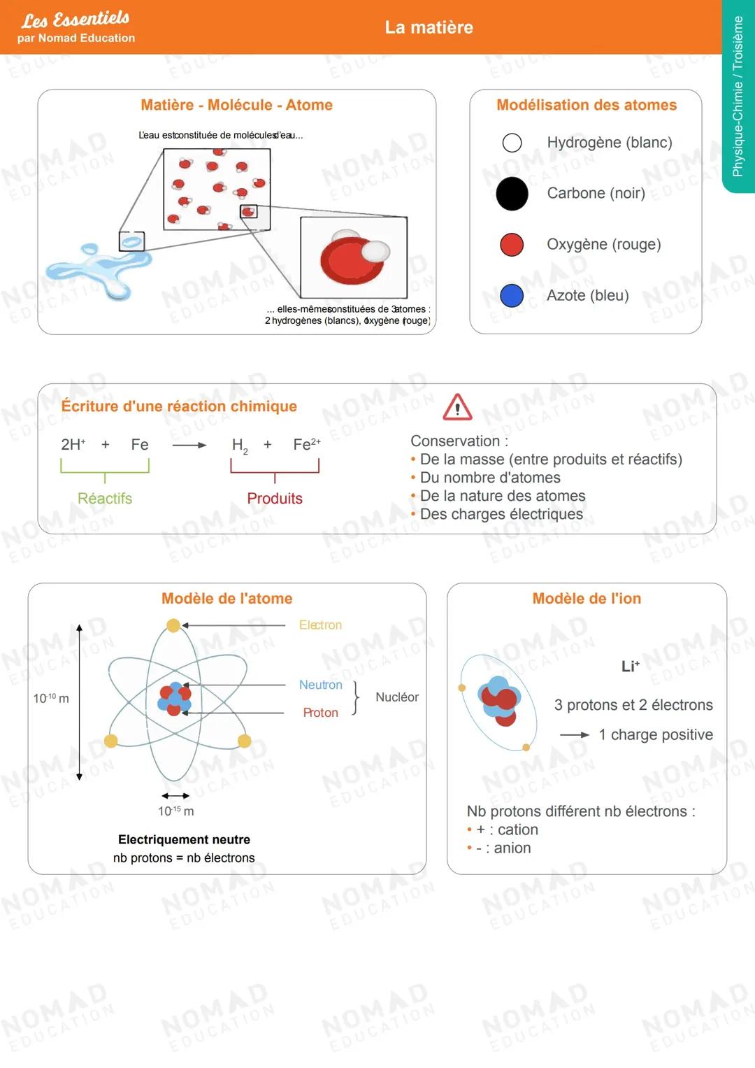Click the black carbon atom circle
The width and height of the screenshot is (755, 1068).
click(x=512, y=194)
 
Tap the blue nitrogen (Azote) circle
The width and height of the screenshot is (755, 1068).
click(x=512, y=295)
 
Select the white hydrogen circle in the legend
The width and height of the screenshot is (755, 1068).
click(x=512, y=143)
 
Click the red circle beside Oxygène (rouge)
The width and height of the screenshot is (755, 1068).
click(x=512, y=245)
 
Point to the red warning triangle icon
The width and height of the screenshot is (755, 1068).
click(x=457, y=407)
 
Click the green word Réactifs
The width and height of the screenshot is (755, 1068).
click(x=105, y=499)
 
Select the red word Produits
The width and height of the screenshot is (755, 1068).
click(x=275, y=499)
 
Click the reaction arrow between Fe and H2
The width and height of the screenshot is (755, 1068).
click(x=189, y=445)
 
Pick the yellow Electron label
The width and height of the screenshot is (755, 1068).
click(x=320, y=625)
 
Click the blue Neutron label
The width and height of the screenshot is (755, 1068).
click(x=320, y=685)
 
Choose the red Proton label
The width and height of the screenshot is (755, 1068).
click(x=320, y=713)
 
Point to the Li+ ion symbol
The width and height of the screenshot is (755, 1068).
click(x=630, y=667)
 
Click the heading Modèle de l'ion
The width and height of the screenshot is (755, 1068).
click(x=587, y=599)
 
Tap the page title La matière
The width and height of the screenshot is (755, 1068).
click(x=429, y=27)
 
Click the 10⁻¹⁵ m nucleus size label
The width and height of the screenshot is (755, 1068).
click(x=175, y=811)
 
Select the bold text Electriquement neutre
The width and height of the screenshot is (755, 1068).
click(x=184, y=839)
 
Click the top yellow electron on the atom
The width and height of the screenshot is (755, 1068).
click(x=173, y=625)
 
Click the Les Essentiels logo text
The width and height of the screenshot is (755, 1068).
click(x=75, y=19)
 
